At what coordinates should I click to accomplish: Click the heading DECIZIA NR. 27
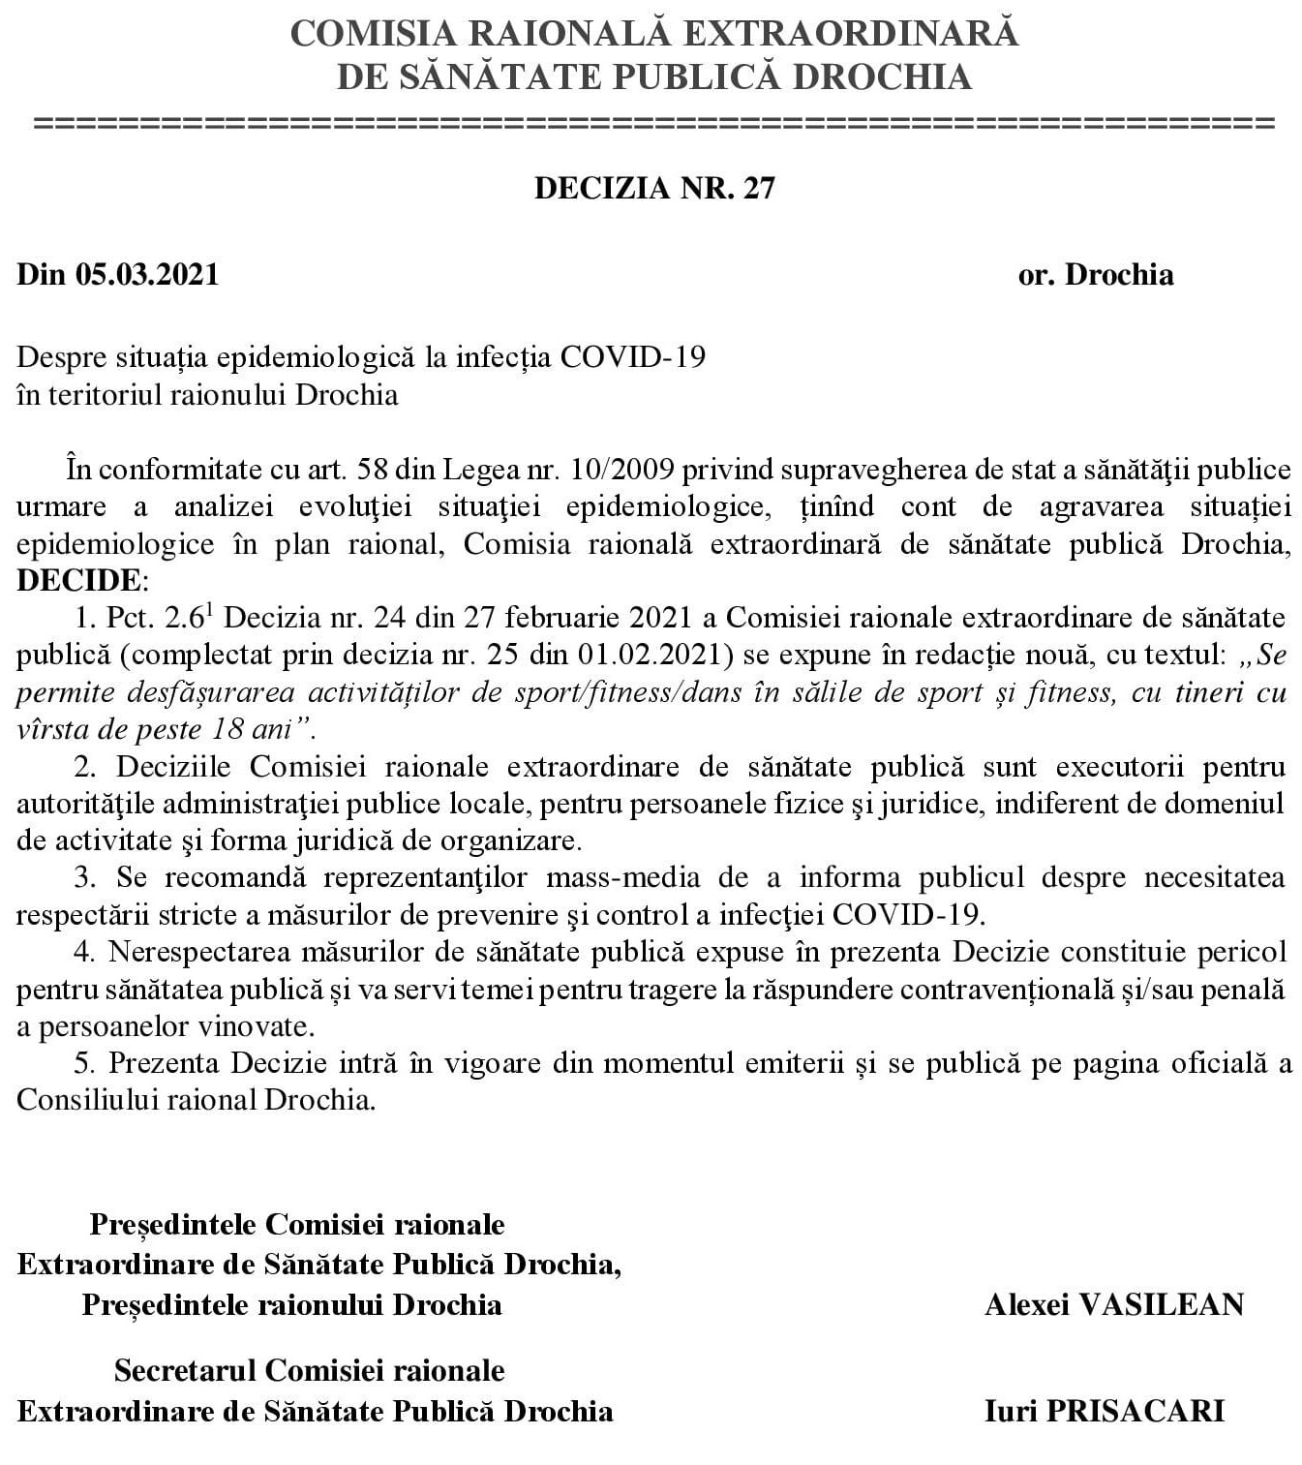[654, 188]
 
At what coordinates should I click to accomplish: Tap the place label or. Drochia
[1095, 274]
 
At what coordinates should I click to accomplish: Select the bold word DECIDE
[79, 580]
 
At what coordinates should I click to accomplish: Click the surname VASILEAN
[1161, 1304]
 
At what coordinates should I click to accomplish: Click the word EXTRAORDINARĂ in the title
[853, 33]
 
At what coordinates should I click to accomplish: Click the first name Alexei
[1026, 1304]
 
